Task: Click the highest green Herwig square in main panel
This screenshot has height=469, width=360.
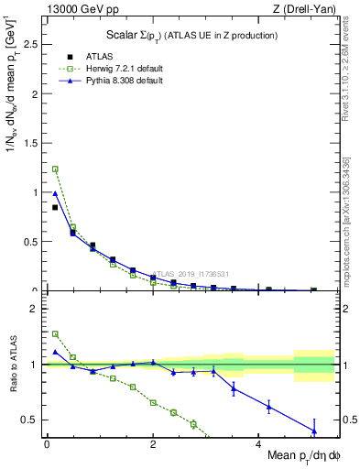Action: click(55, 169)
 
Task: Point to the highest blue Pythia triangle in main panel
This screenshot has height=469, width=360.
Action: click(55, 193)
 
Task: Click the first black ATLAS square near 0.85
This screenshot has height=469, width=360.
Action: click(55, 207)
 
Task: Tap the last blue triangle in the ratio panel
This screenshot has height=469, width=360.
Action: click(314, 431)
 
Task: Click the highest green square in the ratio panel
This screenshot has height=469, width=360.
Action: click(55, 334)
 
